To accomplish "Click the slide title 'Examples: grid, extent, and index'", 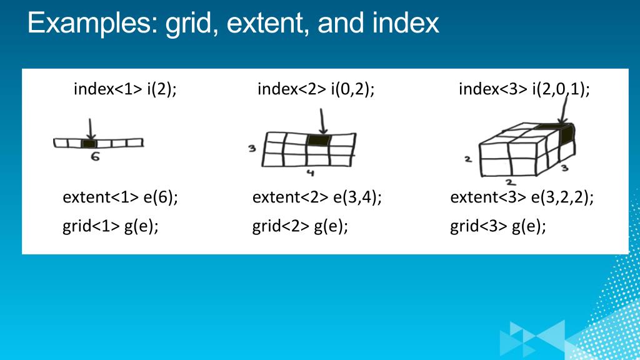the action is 233,24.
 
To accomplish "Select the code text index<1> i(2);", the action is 125,89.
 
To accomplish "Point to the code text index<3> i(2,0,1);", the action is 524,89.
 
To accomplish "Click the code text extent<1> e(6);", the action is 121,197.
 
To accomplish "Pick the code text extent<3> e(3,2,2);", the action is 522,197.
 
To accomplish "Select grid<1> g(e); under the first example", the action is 111,226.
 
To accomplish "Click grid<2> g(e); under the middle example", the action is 300,226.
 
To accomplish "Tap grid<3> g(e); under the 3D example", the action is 498,226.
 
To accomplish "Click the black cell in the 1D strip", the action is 89,144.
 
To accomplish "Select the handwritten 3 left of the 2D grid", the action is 252,149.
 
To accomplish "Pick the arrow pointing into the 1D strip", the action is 91,129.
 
